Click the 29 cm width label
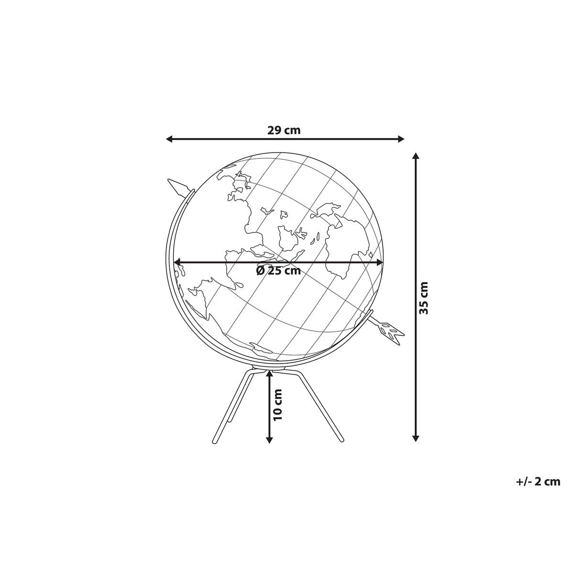[284, 130]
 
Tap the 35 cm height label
[424, 297]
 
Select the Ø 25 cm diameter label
[278, 271]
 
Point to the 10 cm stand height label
[277, 404]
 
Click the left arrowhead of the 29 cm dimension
[169, 139]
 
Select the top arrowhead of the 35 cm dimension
[416, 156]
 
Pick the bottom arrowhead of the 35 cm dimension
[416, 437]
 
